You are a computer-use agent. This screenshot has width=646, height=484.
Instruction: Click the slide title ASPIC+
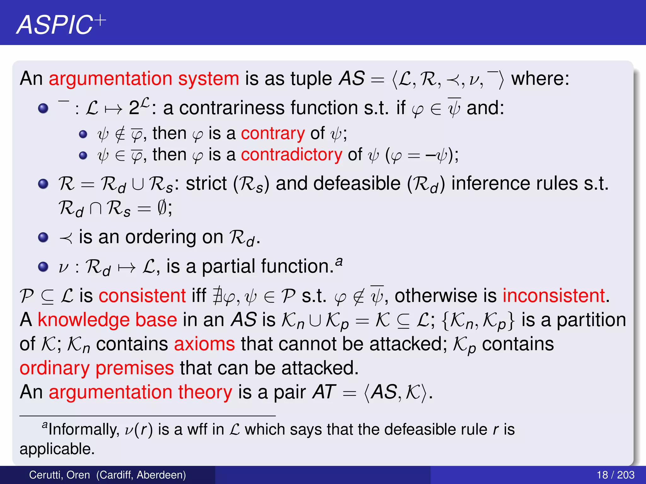(61, 25)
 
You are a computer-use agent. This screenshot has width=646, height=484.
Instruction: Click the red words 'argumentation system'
(144, 79)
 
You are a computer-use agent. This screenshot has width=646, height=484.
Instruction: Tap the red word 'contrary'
(273, 133)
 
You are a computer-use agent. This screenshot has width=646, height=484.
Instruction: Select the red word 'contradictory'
(291, 155)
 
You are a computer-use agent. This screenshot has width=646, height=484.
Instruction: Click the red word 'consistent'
(142, 296)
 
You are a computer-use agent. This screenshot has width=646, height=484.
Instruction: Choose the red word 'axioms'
(204, 344)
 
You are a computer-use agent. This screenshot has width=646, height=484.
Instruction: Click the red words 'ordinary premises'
(97, 368)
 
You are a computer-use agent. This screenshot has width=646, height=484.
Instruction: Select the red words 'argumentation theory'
(140, 392)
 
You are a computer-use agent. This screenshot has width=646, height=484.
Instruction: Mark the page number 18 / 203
(615, 475)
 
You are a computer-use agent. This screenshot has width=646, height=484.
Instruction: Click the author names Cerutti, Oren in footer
(59, 475)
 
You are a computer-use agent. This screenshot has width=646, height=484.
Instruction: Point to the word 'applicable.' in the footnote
(57, 449)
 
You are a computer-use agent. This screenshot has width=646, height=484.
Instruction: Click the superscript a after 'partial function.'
(339, 261)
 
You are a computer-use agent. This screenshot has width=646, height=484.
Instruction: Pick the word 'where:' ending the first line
(540, 79)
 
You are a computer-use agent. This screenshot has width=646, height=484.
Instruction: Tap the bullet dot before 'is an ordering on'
(43, 237)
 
